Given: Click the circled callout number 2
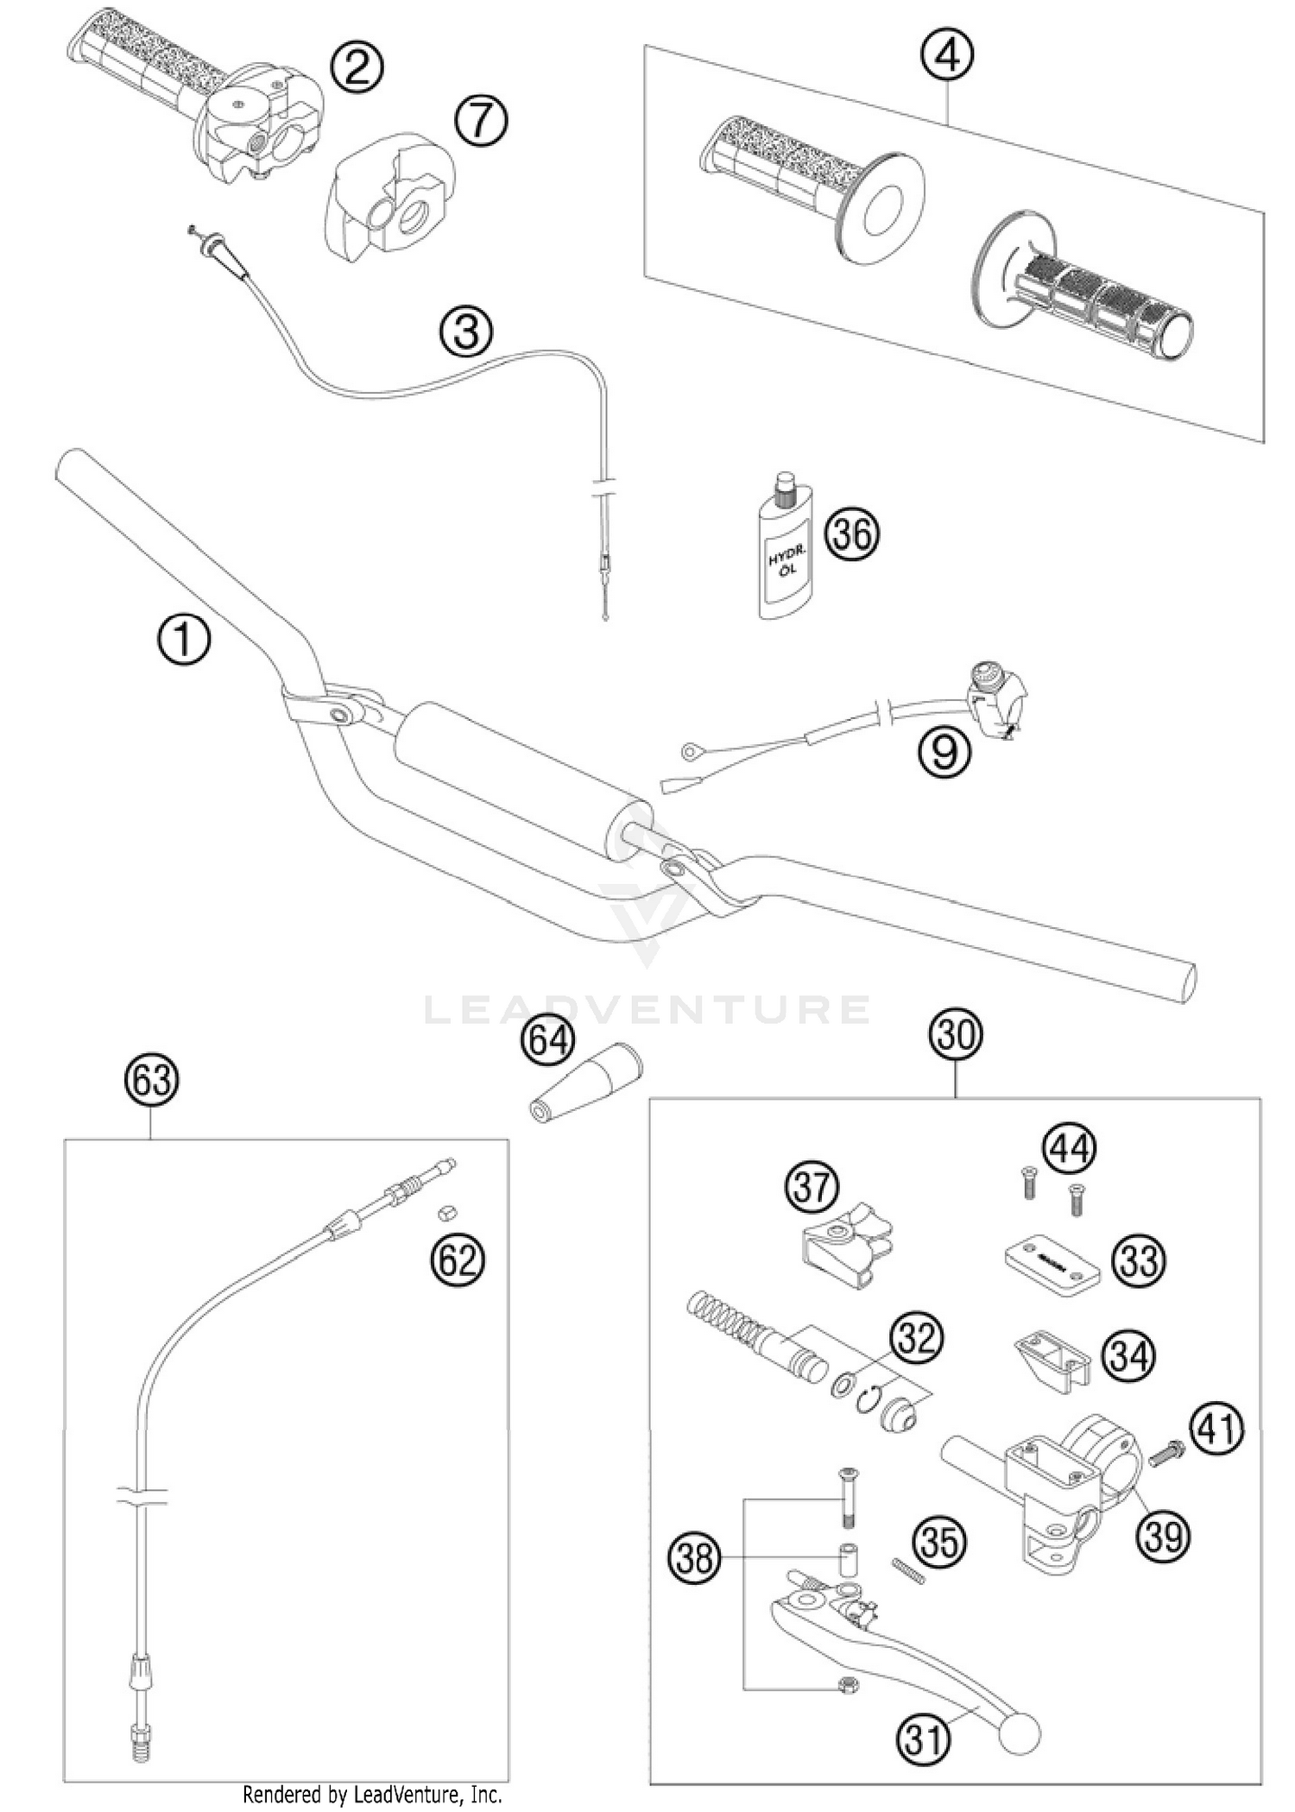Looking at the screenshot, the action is click(357, 67).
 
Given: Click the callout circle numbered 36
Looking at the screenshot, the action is click(852, 534).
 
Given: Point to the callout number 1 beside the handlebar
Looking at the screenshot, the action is click(184, 642).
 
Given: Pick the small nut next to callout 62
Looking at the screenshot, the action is click(445, 1213).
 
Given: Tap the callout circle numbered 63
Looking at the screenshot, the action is click(150, 1080).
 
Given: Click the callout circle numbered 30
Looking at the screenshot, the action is click(956, 1033).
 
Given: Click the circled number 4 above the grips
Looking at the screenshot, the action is click(947, 57).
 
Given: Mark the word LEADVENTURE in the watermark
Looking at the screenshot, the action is click(647, 1009).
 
